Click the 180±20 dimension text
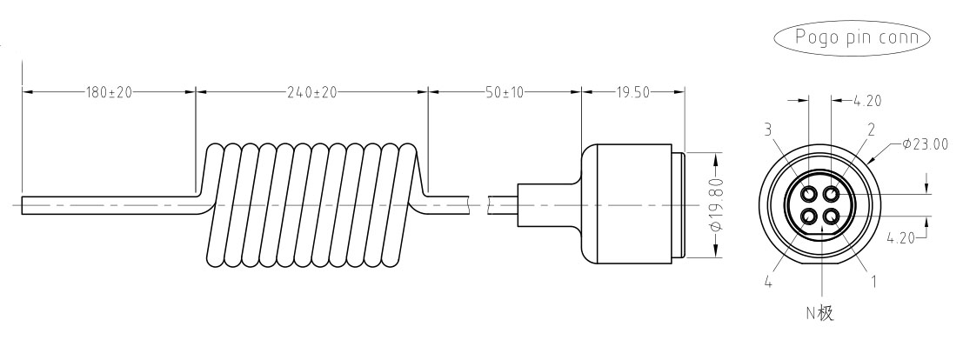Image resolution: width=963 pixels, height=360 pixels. click(x=108, y=92)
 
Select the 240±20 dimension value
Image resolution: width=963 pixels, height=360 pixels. click(x=312, y=92)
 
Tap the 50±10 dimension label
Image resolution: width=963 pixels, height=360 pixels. click(x=505, y=92)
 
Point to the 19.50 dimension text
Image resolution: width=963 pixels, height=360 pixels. click(x=632, y=92)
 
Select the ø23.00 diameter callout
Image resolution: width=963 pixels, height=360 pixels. click(x=925, y=144)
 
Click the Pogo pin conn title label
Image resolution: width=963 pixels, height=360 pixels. click(x=857, y=37)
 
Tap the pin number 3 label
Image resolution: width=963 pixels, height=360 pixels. click(x=767, y=129)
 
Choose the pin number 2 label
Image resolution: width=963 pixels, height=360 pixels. click(x=871, y=129)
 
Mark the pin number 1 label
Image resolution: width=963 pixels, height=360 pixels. click(x=873, y=282)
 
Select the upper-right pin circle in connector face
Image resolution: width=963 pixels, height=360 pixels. click(x=831, y=194)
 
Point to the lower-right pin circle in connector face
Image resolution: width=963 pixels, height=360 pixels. click(x=831, y=217)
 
